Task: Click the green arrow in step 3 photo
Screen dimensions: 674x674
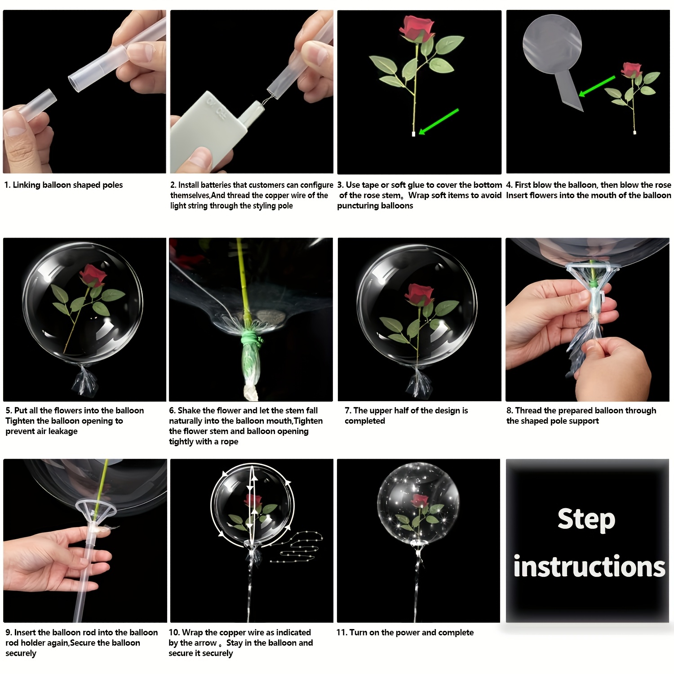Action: click(439, 121)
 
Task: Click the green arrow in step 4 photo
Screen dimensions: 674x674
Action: click(597, 86)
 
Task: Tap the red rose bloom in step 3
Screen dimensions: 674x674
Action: click(416, 28)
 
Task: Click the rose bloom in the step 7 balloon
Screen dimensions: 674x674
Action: click(419, 294)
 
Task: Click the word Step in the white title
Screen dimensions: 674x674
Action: click(586, 520)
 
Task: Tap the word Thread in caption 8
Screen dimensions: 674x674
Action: click(528, 410)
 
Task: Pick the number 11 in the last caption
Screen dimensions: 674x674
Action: click(341, 633)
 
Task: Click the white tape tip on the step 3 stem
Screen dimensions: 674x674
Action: click(413, 134)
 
